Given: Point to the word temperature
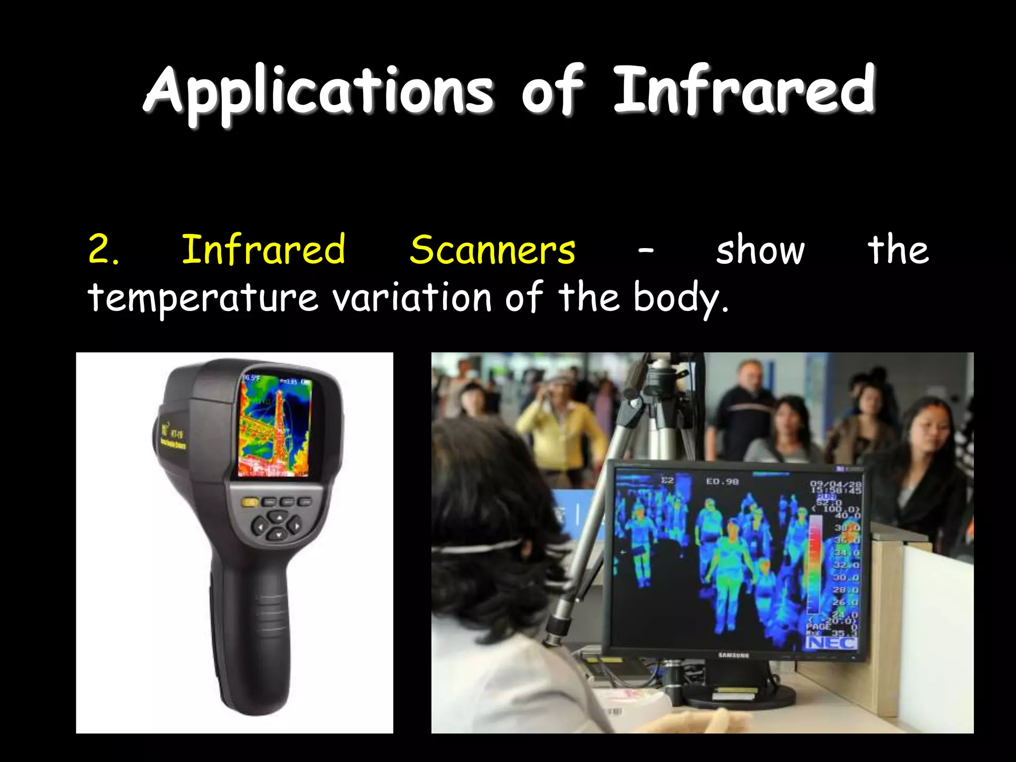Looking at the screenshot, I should pos(202,298).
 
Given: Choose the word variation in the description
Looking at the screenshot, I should pos(412,298).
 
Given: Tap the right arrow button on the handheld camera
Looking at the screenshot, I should pos(296,524).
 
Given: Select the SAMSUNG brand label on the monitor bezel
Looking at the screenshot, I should pos(734,655).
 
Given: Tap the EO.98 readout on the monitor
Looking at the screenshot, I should pos(722,481).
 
